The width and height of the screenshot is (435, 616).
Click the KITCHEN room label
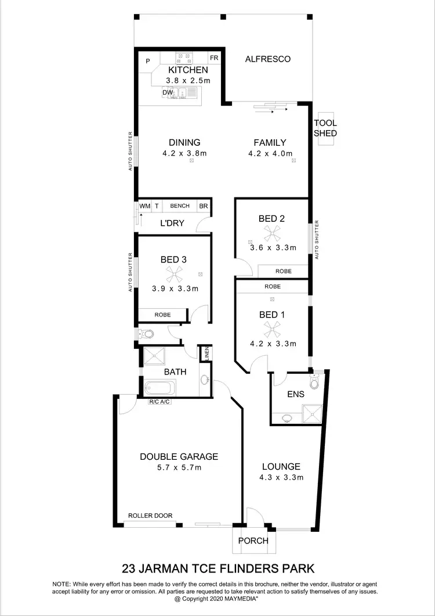coord(180,70)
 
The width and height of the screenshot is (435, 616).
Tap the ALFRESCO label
coord(267,59)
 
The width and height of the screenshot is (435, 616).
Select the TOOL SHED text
coord(325,128)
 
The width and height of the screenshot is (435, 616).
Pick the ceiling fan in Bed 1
coord(271,329)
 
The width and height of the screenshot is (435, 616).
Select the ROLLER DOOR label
coord(150,516)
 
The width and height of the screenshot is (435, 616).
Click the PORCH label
coord(254,541)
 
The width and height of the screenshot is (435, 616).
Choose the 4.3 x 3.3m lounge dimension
coord(281,477)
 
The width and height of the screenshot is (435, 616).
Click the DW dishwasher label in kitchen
coord(167,92)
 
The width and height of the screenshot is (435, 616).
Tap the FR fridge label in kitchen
coord(214,59)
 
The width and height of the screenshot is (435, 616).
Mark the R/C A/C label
coord(160,402)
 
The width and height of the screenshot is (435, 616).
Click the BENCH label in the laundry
coord(180,206)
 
